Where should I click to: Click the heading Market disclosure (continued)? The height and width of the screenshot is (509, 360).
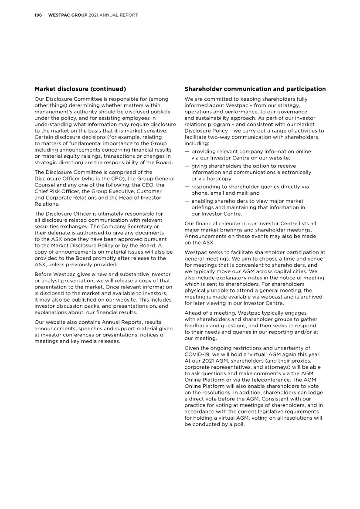click(80, 89)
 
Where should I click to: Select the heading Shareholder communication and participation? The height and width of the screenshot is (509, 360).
click(255, 89)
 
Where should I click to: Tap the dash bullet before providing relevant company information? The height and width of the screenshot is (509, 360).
click(187, 152)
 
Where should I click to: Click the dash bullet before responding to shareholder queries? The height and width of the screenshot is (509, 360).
click(187, 187)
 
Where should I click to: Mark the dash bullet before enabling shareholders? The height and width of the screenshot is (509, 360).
click(187, 201)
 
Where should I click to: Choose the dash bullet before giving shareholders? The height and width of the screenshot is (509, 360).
click(187, 166)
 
